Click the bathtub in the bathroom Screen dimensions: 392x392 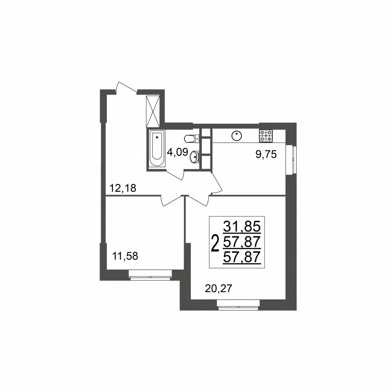(x=157, y=149)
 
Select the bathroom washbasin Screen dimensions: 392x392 (x=194, y=157)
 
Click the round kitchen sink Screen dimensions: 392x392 (x=236, y=135)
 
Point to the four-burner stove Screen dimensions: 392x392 (x=266, y=136)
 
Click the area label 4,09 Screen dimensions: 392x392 (x=177, y=152)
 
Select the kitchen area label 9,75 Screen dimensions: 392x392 (x=266, y=154)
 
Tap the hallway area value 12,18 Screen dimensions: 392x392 (x=123, y=188)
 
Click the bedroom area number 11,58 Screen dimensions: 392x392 (x=125, y=256)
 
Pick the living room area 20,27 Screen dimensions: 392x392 (x=218, y=288)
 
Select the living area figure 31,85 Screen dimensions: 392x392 (x=242, y=227)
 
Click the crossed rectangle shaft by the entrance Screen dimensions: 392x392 (x=152, y=111)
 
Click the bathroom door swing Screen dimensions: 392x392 (x=175, y=174)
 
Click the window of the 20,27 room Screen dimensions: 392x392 (x=238, y=304)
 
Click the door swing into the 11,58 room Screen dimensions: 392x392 (x=171, y=201)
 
